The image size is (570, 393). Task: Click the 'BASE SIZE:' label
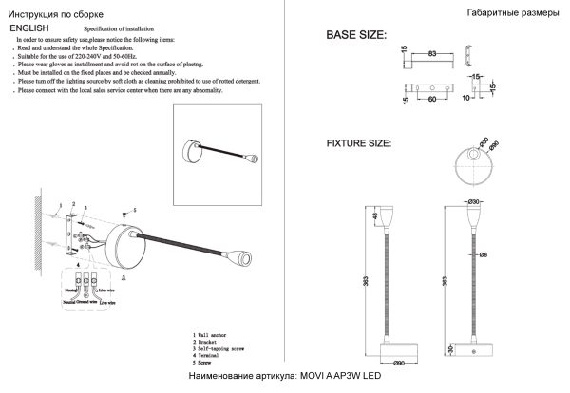click(356, 35)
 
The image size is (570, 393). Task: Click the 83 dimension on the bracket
click(433, 54)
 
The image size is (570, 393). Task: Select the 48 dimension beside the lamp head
click(375, 217)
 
